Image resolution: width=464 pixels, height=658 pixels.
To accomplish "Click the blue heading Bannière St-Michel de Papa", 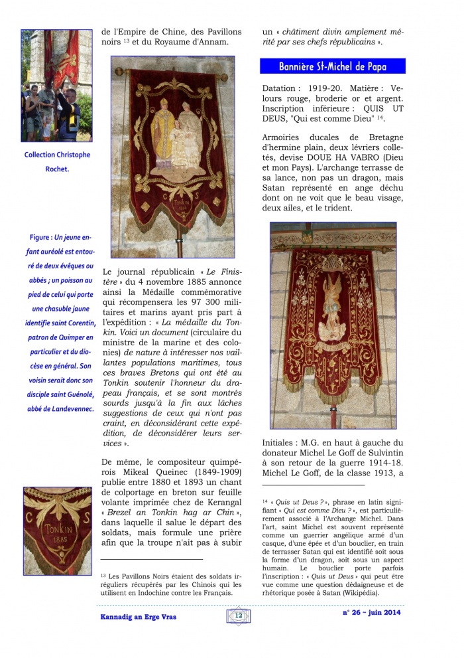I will [x=332, y=66].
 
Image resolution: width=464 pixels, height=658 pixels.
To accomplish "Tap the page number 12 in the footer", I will [x=238, y=616].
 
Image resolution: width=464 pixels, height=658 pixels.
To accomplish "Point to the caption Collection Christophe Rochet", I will [x=57, y=161].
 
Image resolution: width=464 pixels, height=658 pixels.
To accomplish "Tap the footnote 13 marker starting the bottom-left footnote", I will [x=103, y=575].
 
